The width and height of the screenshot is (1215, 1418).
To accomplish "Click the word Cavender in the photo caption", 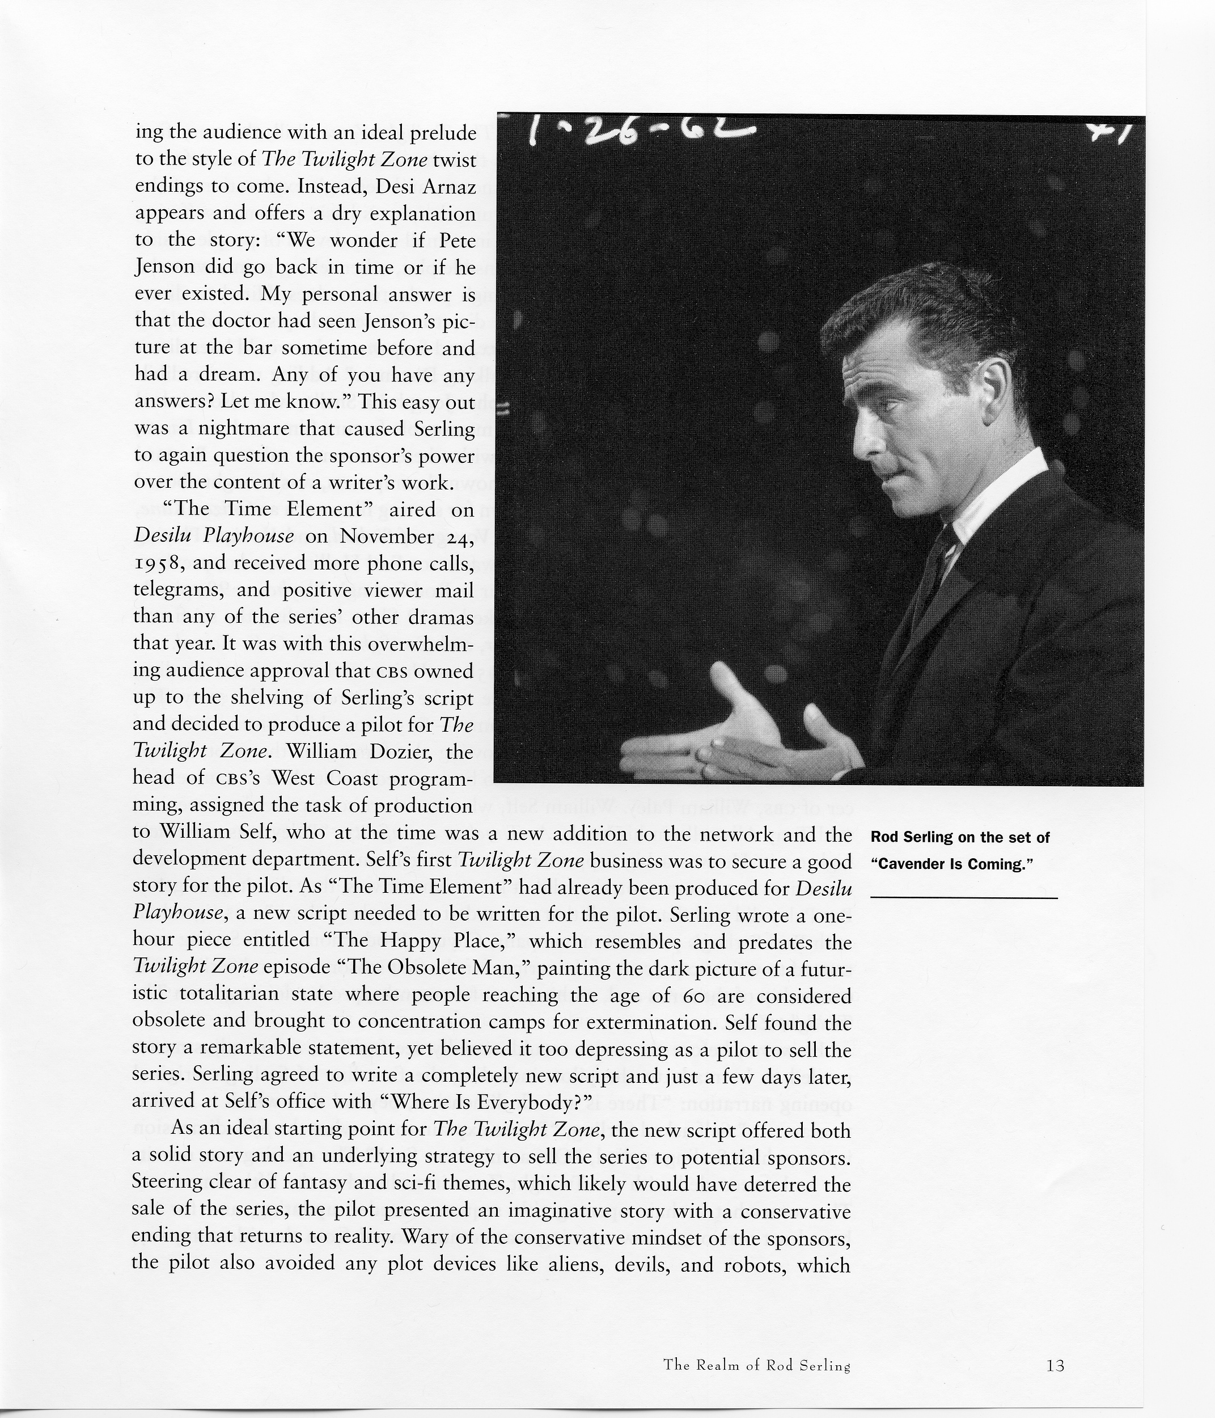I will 910,864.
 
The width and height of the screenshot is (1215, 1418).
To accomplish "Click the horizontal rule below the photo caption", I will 963,897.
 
